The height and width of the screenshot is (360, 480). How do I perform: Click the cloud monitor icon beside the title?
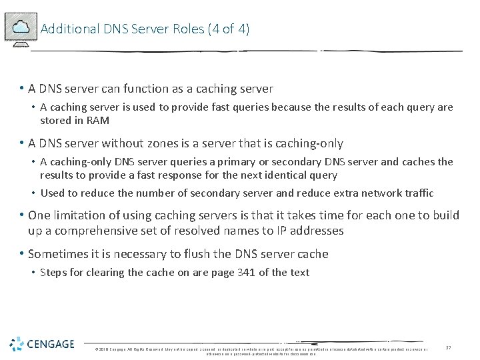coord(21,29)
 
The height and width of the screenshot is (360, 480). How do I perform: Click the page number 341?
coord(245,272)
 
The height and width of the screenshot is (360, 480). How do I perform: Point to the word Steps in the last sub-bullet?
coord(53,272)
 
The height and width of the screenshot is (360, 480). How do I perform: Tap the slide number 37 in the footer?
coord(449,347)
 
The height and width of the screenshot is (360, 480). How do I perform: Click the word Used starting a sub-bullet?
coord(52,193)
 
